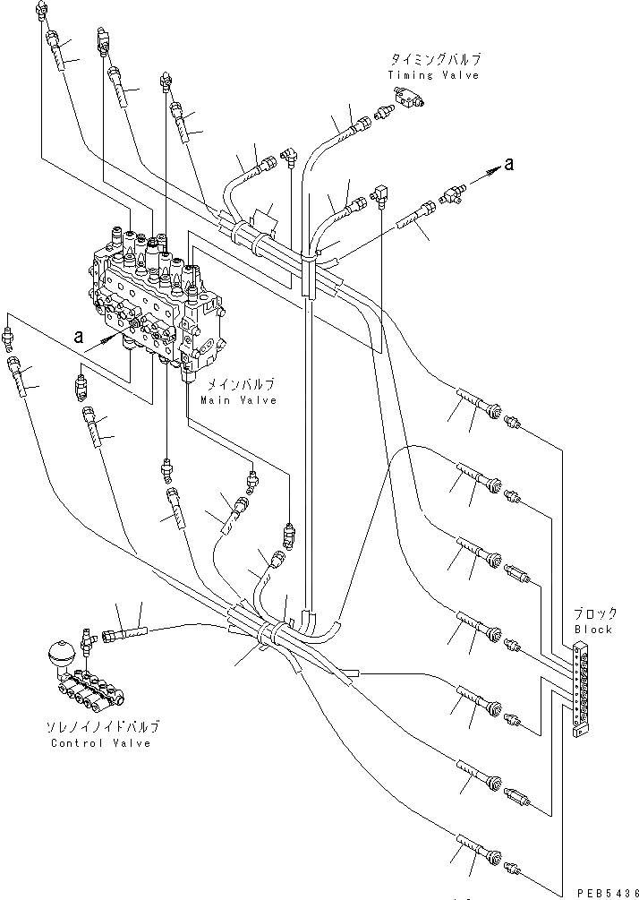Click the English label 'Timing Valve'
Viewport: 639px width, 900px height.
pos(433,75)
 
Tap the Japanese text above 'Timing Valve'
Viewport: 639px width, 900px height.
pos(434,59)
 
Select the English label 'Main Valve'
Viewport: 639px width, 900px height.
pos(238,400)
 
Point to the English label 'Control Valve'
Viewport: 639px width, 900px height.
pos(100,743)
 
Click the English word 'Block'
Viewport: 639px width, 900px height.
pos(593,630)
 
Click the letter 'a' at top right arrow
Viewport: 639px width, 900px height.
pos(508,163)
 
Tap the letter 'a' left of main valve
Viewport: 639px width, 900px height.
pos(79,337)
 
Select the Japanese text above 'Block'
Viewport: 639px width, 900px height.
pos(594,614)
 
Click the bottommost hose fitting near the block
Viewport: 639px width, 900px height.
pos(513,865)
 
